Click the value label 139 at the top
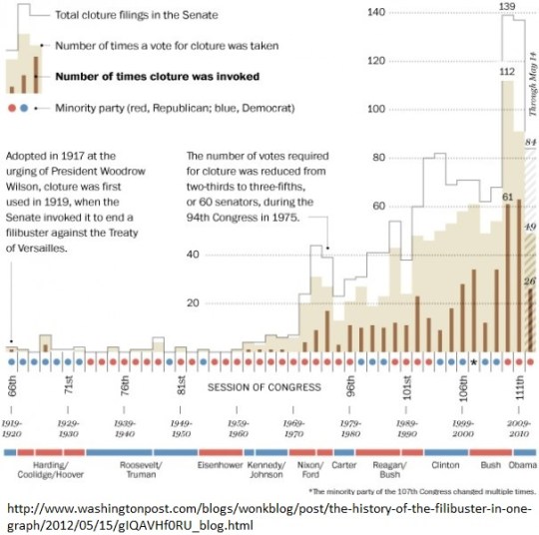coord(507,7)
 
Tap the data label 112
coord(507,71)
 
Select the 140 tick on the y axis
coord(375,12)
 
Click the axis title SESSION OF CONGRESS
coord(266,387)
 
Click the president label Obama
coord(522,465)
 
